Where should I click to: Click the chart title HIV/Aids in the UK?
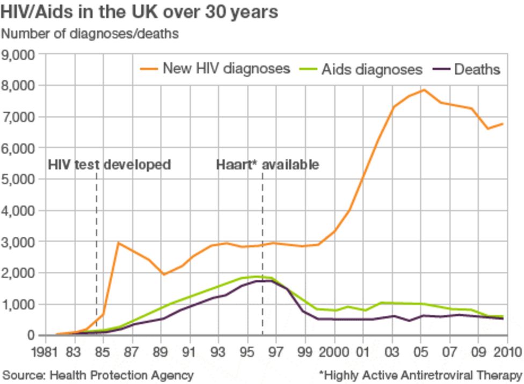click(140, 12)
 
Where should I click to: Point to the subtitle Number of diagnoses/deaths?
click(90, 33)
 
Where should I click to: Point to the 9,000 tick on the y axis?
click(19, 54)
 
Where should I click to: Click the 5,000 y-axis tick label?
click(19, 179)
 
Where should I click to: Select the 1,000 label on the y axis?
click(19, 305)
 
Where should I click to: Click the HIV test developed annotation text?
click(110, 164)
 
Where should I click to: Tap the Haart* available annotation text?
click(267, 164)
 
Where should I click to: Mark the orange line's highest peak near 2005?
click(424, 90)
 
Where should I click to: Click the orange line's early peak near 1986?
click(118, 243)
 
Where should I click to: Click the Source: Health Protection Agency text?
click(98, 374)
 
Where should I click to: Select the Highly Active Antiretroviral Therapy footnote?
click(420, 374)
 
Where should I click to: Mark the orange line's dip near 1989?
click(163, 274)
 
